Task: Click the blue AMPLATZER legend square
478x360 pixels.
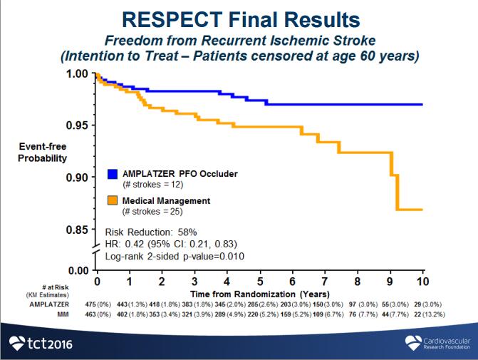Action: (x=112, y=174)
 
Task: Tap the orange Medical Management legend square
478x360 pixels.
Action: (x=112, y=200)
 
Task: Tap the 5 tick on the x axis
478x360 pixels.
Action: (x=260, y=272)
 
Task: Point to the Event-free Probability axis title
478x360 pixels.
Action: (x=42, y=153)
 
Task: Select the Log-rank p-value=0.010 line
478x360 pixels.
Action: (x=175, y=256)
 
